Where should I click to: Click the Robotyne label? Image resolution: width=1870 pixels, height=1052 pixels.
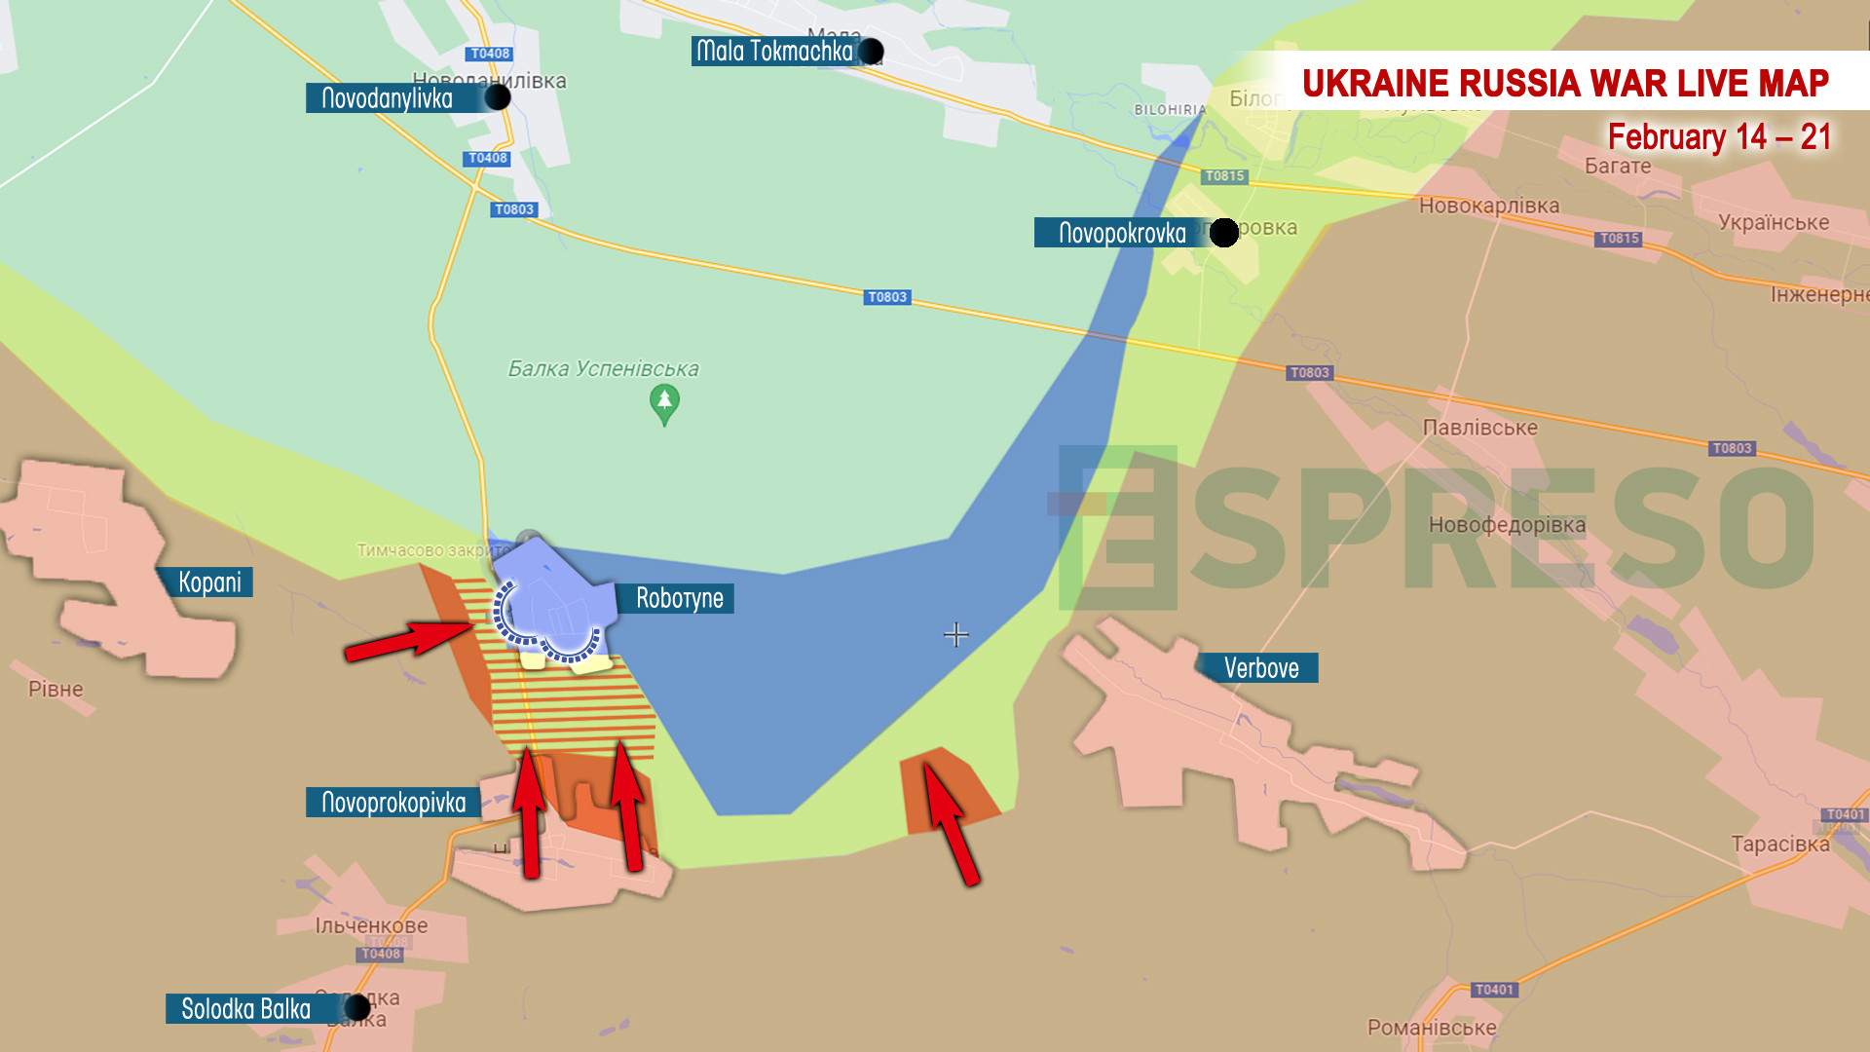[x=679, y=598]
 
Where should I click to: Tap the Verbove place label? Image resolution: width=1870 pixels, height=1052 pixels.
[x=1260, y=668]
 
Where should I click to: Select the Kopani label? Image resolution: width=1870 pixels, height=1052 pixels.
[x=208, y=582]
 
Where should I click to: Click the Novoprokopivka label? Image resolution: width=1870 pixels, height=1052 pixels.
[x=393, y=803]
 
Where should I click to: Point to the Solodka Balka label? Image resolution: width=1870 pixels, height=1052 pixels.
[x=245, y=1009]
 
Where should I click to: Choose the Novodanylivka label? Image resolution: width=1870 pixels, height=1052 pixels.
[x=387, y=98]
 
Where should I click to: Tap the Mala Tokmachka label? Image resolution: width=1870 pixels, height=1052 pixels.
[x=774, y=51]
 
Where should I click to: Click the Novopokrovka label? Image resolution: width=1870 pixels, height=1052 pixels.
[x=1122, y=233]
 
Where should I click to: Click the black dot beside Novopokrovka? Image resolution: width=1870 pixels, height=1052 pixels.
[x=1223, y=233]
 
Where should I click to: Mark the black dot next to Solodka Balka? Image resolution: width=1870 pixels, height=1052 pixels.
[x=357, y=1007]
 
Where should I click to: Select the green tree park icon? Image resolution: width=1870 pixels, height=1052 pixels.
[x=664, y=402]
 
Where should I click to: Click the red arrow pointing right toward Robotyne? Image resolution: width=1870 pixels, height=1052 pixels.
[x=409, y=641]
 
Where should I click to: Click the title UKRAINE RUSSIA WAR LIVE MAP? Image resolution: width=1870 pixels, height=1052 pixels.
[x=1564, y=84]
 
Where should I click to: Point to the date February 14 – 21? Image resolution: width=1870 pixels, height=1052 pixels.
[x=1719, y=137]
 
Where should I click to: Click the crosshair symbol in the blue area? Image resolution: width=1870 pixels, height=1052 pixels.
[x=956, y=635]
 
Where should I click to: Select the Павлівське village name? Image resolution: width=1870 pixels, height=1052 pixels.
[x=1479, y=428]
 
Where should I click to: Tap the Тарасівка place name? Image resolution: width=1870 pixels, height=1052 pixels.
[x=1779, y=845]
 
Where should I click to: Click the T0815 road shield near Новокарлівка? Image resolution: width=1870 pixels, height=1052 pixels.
[x=1619, y=239]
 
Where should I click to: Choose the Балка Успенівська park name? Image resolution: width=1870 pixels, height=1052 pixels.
[x=603, y=369]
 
